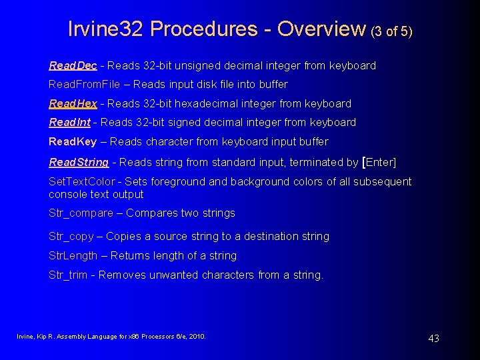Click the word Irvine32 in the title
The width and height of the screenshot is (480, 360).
tap(106, 29)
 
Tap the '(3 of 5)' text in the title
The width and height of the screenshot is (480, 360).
tap(391, 31)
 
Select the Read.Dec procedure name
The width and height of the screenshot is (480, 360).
tap(73, 65)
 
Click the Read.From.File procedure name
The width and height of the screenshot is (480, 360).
tap(84, 84)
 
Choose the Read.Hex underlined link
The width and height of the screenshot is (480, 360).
tap(73, 103)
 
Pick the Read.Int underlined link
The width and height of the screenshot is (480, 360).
tap(70, 122)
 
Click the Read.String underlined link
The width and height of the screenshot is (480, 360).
tap(79, 162)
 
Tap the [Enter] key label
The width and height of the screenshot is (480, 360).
tap(379, 162)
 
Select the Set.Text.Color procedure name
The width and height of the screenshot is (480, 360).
tap(82, 181)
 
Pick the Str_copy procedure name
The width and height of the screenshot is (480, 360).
tap(71, 236)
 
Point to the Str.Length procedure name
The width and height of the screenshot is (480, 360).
tap(73, 255)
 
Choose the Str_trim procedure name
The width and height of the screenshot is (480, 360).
tap(68, 275)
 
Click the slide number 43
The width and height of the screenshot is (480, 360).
tap(433, 338)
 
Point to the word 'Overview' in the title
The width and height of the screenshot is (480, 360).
tap(321, 29)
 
